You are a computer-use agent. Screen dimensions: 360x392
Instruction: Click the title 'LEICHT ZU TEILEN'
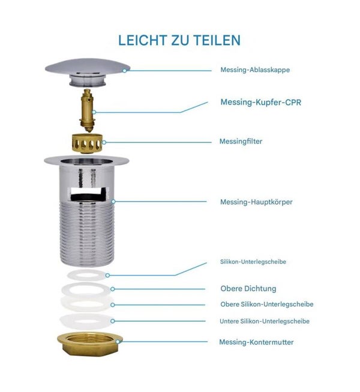tap(179, 40)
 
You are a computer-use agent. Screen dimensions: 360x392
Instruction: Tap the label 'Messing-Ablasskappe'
tap(255, 70)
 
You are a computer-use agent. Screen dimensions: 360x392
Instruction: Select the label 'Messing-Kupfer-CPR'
tap(261, 102)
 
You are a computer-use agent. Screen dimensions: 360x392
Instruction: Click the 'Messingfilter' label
tap(241, 141)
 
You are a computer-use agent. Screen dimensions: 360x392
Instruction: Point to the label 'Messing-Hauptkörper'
tap(256, 202)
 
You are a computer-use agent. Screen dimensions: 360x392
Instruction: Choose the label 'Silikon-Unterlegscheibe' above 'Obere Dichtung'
tap(253, 262)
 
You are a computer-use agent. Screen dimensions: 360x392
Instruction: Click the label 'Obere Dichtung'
tap(248, 289)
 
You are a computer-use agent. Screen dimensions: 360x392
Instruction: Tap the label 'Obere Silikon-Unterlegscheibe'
tap(267, 304)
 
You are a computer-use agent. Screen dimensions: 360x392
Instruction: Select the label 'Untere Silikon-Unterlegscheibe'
tap(265, 321)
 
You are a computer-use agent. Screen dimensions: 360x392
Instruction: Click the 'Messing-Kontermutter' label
tap(256, 342)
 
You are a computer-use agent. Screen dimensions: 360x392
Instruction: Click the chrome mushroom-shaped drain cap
tap(88, 72)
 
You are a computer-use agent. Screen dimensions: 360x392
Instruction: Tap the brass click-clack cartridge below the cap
tap(87, 110)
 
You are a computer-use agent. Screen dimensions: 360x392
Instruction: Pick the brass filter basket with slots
tap(86, 143)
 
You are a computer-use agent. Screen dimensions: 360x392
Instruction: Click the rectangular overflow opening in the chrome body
tap(88, 194)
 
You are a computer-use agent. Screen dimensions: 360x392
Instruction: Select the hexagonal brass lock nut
tap(89, 345)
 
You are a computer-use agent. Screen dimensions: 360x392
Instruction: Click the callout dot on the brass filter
tap(104, 142)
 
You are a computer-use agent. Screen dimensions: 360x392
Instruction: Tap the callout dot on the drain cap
tap(124, 70)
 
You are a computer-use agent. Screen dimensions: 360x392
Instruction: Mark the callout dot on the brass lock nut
tap(118, 342)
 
